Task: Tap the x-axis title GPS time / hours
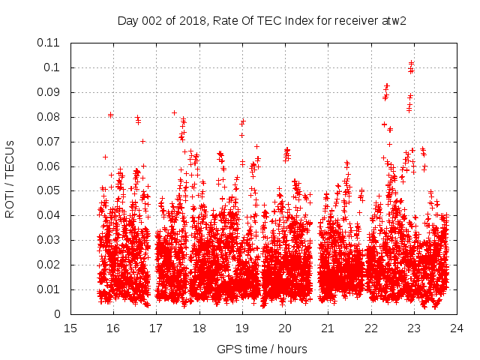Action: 262,349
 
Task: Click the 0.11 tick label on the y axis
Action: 51,43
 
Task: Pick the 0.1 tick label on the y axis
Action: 54,67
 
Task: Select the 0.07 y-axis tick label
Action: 51,141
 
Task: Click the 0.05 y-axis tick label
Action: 51,190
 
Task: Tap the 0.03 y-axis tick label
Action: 51,240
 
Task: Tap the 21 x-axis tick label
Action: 328,328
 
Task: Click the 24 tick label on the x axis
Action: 457,328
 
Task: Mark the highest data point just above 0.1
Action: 411,63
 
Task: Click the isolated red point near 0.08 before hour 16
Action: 110,115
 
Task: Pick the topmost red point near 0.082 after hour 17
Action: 174,113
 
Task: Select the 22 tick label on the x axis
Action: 371,328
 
